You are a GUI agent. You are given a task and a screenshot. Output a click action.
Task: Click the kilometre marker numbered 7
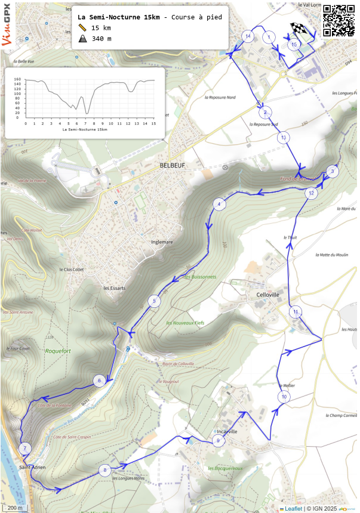(24, 449)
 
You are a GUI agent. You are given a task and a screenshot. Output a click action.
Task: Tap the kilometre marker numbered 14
(248, 36)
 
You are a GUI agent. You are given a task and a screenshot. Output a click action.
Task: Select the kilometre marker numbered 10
(284, 397)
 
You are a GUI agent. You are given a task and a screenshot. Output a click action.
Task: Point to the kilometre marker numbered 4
(220, 205)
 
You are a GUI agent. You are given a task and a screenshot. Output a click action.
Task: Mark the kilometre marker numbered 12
(311, 193)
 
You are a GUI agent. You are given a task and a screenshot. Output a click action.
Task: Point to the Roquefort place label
(58, 351)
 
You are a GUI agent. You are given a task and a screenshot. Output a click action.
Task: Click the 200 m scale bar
(16, 508)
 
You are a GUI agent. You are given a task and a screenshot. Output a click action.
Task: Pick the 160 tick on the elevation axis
(18, 79)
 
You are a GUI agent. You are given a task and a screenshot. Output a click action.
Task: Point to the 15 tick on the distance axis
(153, 123)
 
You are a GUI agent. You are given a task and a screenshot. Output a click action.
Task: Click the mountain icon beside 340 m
(82, 39)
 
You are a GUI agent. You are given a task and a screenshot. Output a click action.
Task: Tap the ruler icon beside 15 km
(82, 28)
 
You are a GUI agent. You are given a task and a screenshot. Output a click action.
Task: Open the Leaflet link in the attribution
(293, 508)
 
